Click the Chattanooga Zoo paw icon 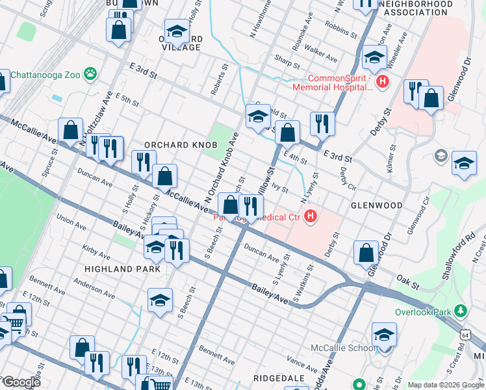coord(90,74)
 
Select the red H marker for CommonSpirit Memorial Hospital coord(383,82)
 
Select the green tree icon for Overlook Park coord(461,311)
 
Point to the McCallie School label coord(340,348)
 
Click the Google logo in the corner coord(21,382)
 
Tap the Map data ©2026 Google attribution coord(446,385)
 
